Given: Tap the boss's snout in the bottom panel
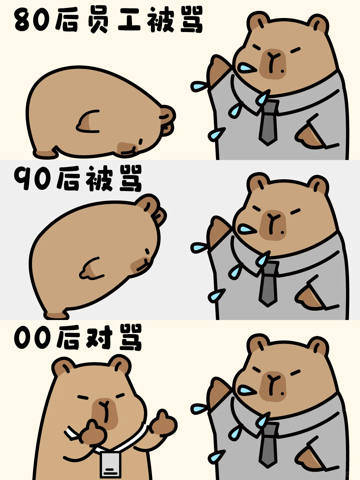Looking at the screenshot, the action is [272, 386].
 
